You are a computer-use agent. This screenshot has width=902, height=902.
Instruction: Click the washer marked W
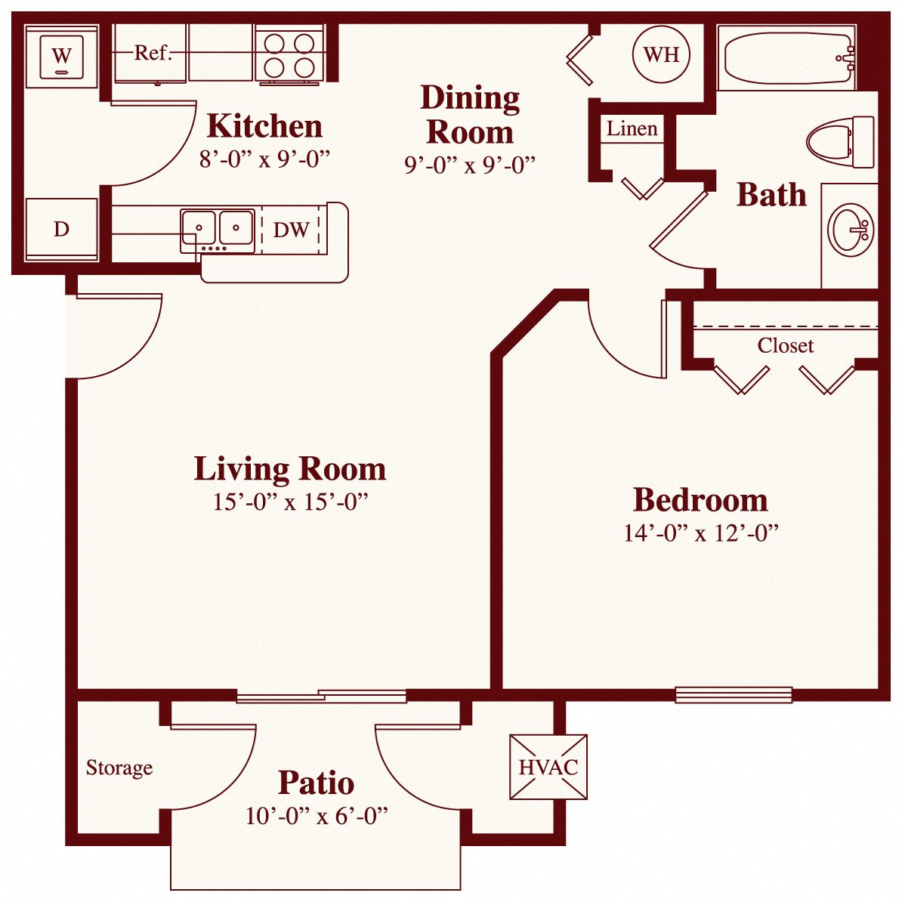click(62, 56)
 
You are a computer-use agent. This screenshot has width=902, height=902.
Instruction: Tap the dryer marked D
click(62, 229)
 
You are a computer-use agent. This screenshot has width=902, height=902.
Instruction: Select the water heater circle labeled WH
click(661, 54)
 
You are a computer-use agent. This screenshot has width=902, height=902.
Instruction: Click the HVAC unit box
click(548, 767)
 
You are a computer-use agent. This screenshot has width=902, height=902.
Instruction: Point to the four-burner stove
click(289, 54)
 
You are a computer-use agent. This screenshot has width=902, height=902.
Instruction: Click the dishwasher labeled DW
click(291, 230)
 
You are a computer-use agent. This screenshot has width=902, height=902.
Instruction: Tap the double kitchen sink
click(217, 228)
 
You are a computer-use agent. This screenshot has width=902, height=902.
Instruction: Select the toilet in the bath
click(840, 141)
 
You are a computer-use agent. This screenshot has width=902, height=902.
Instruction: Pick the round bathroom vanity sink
click(851, 230)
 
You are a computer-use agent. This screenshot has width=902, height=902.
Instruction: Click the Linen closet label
click(632, 129)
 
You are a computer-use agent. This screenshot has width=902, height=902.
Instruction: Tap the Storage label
click(119, 768)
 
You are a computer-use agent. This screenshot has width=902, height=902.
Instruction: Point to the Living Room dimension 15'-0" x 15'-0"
click(290, 502)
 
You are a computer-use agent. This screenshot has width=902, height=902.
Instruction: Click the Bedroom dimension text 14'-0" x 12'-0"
click(700, 533)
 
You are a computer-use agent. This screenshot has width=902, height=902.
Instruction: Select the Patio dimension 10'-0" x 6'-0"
click(316, 816)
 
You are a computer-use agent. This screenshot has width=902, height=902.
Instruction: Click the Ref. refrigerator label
click(153, 53)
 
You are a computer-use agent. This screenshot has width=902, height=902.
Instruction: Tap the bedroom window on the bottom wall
click(733, 694)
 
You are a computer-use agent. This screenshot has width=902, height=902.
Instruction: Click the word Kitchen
click(264, 126)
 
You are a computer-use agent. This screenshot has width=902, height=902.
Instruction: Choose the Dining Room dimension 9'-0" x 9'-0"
click(469, 165)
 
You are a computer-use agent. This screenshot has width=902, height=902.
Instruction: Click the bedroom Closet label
click(785, 346)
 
